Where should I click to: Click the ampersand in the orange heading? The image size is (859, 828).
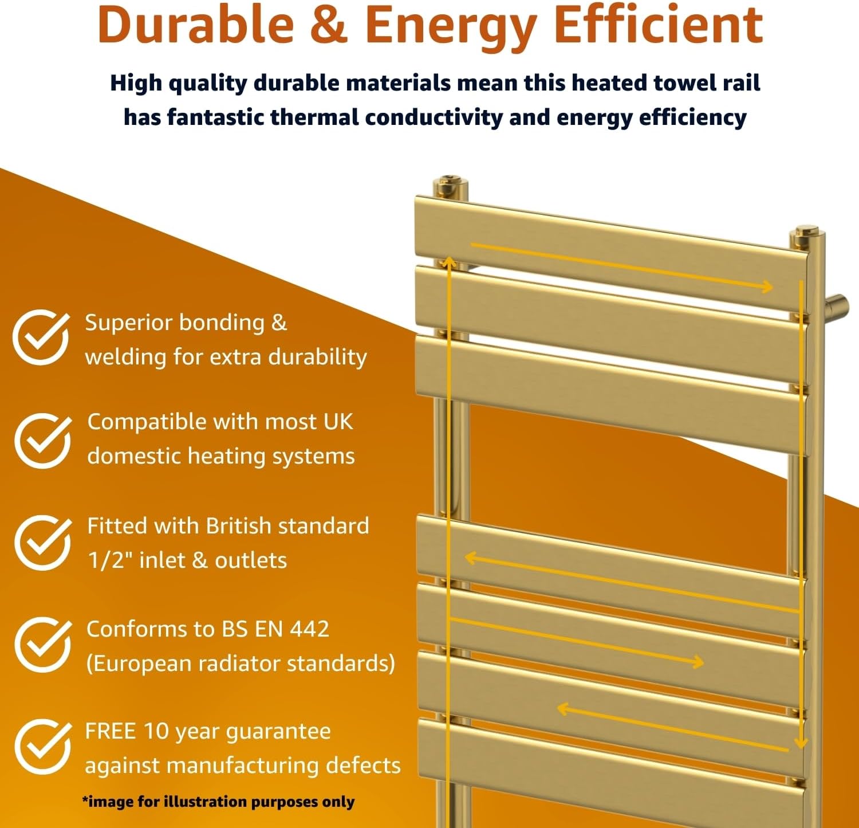(329, 25)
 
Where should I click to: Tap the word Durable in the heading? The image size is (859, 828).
(195, 25)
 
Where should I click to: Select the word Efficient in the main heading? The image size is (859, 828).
(659, 25)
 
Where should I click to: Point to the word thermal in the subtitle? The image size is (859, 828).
(314, 117)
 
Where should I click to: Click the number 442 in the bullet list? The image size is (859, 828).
(309, 629)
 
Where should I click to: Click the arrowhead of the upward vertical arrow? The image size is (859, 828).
(449, 262)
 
